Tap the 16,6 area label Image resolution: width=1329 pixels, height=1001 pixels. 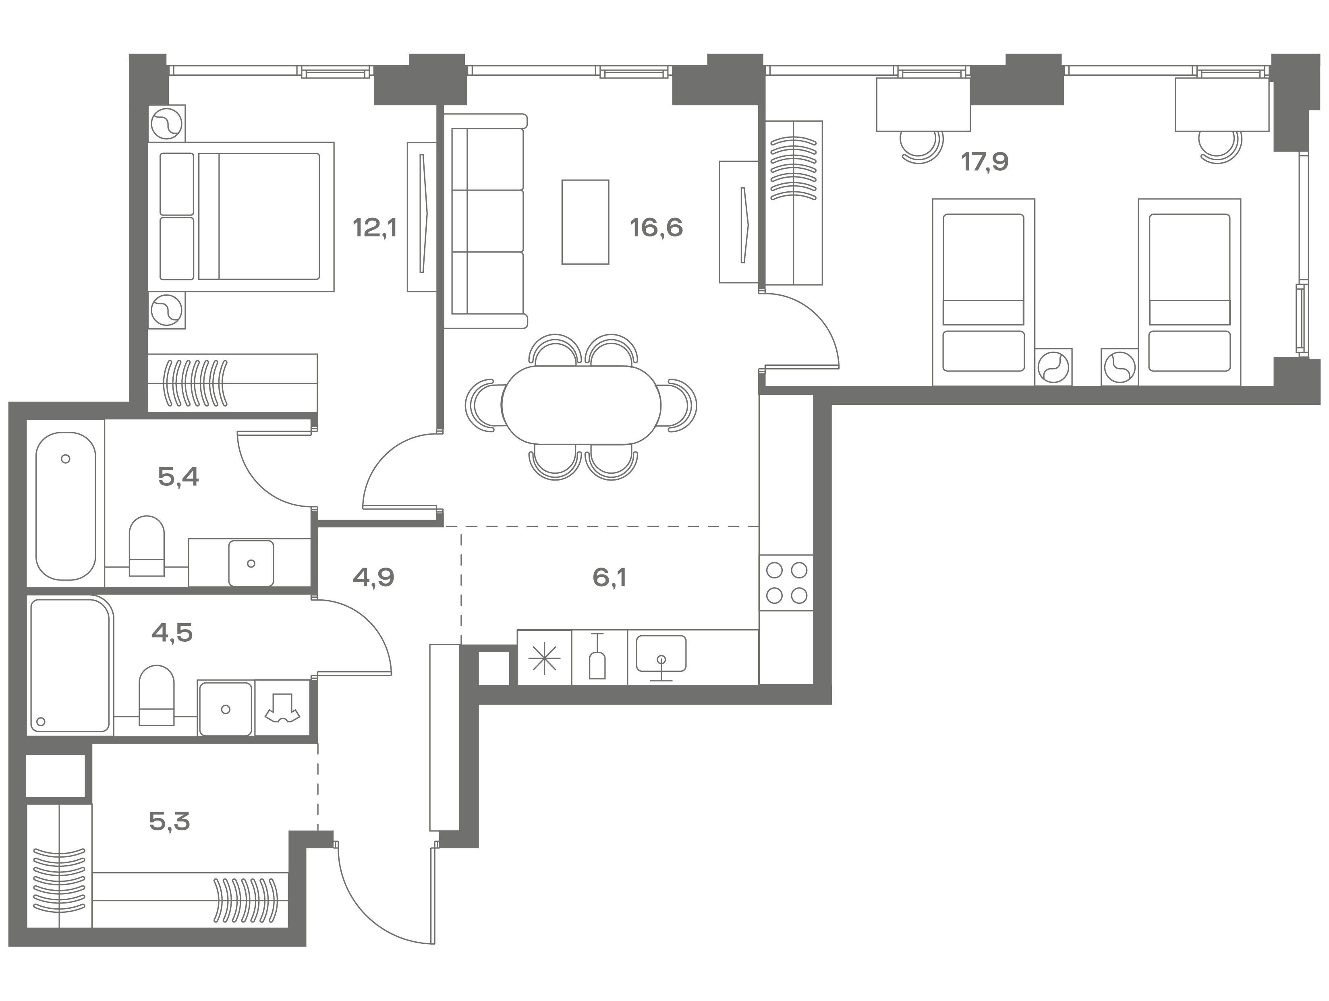(x=656, y=228)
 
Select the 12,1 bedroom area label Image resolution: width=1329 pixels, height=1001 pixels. (x=375, y=228)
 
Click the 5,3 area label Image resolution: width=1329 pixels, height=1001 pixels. (x=170, y=821)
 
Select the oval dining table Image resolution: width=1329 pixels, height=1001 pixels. (x=581, y=406)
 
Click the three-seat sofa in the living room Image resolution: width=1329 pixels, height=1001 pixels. (x=485, y=220)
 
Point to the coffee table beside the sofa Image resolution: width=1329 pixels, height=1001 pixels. (x=585, y=222)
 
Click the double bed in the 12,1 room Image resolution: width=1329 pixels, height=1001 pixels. (x=241, y=217)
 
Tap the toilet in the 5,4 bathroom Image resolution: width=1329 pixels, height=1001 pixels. (x=147, y=545)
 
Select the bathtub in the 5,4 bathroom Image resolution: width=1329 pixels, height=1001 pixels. (x=66, y=506)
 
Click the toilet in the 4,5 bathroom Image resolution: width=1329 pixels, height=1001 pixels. (x=156, y=696)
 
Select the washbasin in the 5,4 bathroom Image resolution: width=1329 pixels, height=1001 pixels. (x=251, y=563)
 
